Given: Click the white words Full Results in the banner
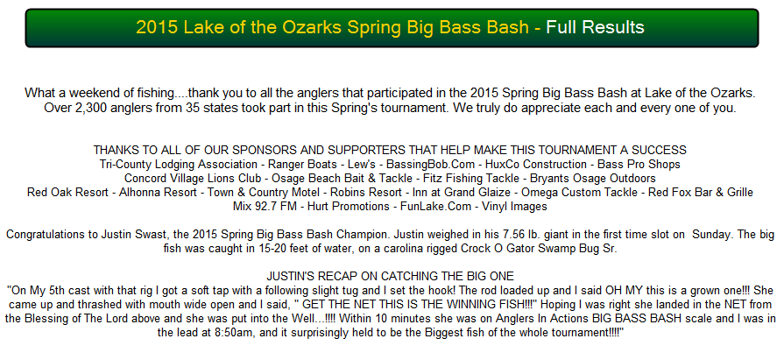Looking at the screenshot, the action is click(x=595, y=27).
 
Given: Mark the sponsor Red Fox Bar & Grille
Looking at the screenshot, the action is click(x=701, y=193).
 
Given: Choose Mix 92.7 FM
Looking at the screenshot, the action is click(x=265, y=207).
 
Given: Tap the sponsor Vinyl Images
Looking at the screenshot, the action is click(x=514, y=207).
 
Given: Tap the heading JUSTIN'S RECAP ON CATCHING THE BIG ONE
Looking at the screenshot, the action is click(x=390, y=277).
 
